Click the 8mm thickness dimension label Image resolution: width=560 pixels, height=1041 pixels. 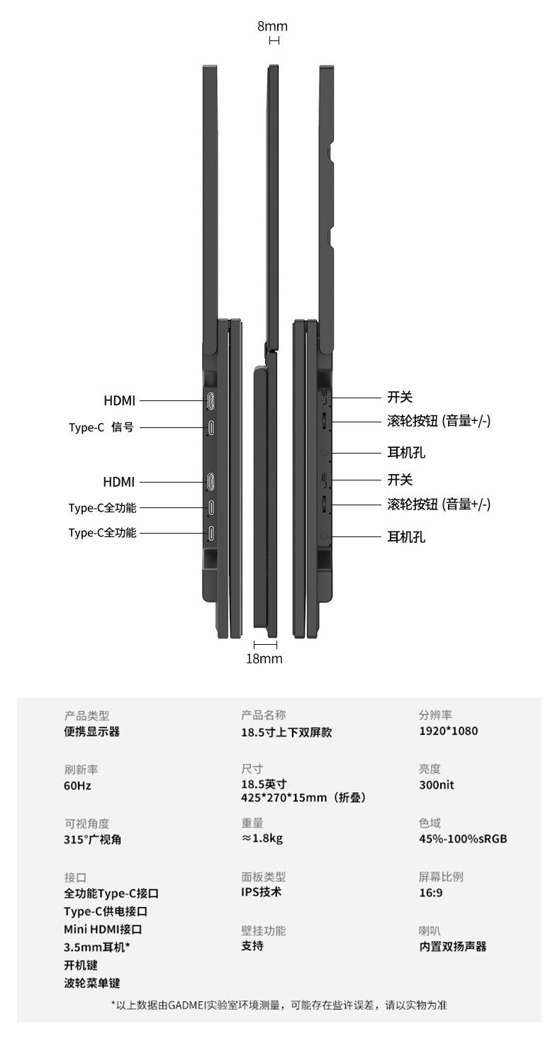pos(272,26)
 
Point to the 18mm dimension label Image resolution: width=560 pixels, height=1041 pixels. pos(264,659)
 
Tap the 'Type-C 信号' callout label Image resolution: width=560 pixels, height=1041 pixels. pos(101,427)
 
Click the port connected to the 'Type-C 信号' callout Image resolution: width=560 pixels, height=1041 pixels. pos(212,427)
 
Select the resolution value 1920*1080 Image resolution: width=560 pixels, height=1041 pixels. pos(448,731)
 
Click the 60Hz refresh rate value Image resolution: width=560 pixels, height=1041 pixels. pos(77,785)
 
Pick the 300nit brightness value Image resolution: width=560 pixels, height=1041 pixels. pos(436,785)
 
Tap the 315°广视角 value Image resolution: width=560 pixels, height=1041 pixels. pos(92,839)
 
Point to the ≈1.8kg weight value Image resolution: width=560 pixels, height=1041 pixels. pos(262,839)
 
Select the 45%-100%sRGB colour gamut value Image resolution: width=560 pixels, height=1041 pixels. pos(463,839)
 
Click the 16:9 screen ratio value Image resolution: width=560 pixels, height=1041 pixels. pos(430,893)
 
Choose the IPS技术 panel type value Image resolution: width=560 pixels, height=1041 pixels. pos(261,892)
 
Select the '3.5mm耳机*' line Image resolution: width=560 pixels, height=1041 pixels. pos(97,947)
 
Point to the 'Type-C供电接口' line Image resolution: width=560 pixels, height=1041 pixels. pos(106,911)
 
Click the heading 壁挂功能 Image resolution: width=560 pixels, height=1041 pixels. pos(263,930)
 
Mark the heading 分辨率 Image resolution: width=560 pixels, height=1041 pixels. pos(435,715)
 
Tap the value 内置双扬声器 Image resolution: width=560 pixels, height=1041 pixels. pos(452,946)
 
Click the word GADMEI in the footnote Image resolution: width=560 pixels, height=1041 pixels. pos(189,1005)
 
